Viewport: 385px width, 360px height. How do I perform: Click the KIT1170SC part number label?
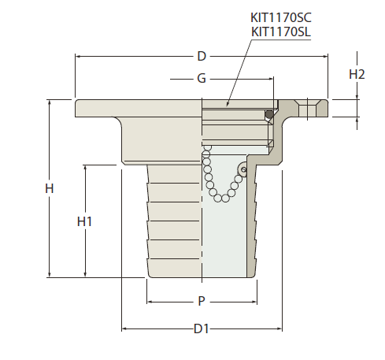point(281,18)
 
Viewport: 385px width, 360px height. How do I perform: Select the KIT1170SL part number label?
point(281,32)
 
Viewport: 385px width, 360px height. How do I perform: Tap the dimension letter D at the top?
point(202,56)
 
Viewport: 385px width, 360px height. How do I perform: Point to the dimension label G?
point(202,78)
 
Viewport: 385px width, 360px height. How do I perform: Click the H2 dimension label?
point(357,74)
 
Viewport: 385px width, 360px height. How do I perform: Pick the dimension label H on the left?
point(50,188)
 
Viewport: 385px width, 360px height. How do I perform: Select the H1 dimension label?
point(84,221)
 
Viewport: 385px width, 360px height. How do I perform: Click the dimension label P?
point(202,301)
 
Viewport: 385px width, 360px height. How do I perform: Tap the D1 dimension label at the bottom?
point(202,328)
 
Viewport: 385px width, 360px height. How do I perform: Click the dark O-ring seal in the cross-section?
point(269,114)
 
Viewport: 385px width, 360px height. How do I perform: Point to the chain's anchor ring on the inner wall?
point(243,169)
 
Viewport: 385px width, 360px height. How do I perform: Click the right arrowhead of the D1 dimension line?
point(279,328)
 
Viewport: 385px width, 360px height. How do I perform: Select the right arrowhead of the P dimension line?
point(254,302)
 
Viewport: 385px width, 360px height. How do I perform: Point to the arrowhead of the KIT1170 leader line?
point(228,104)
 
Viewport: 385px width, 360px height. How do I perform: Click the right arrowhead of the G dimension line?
point(271,79)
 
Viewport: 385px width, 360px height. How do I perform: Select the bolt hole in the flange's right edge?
point(308,108)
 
